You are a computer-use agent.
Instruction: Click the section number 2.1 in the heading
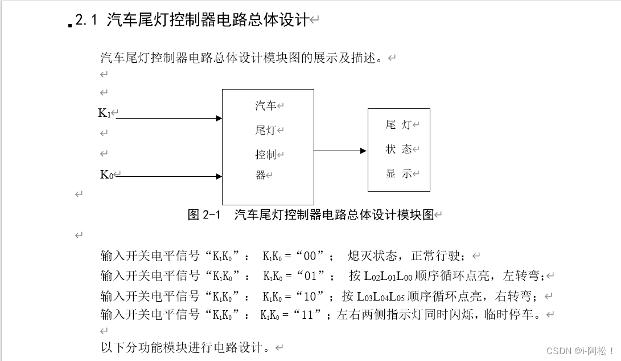click(87, 21)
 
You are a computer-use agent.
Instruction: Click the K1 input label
click(105, 113)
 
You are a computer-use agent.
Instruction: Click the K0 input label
click(106, 175)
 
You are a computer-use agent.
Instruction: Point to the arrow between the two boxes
click(340, 151)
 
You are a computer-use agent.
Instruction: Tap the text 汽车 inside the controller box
click(266, 106)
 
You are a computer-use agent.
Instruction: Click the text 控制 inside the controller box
click(266, 155)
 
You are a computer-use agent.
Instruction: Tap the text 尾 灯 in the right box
click(398, 124)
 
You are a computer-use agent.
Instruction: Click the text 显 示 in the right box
click(398, 174)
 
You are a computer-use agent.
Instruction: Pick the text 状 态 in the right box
click(398, 149)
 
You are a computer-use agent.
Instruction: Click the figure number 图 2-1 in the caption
click(204, 215)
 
